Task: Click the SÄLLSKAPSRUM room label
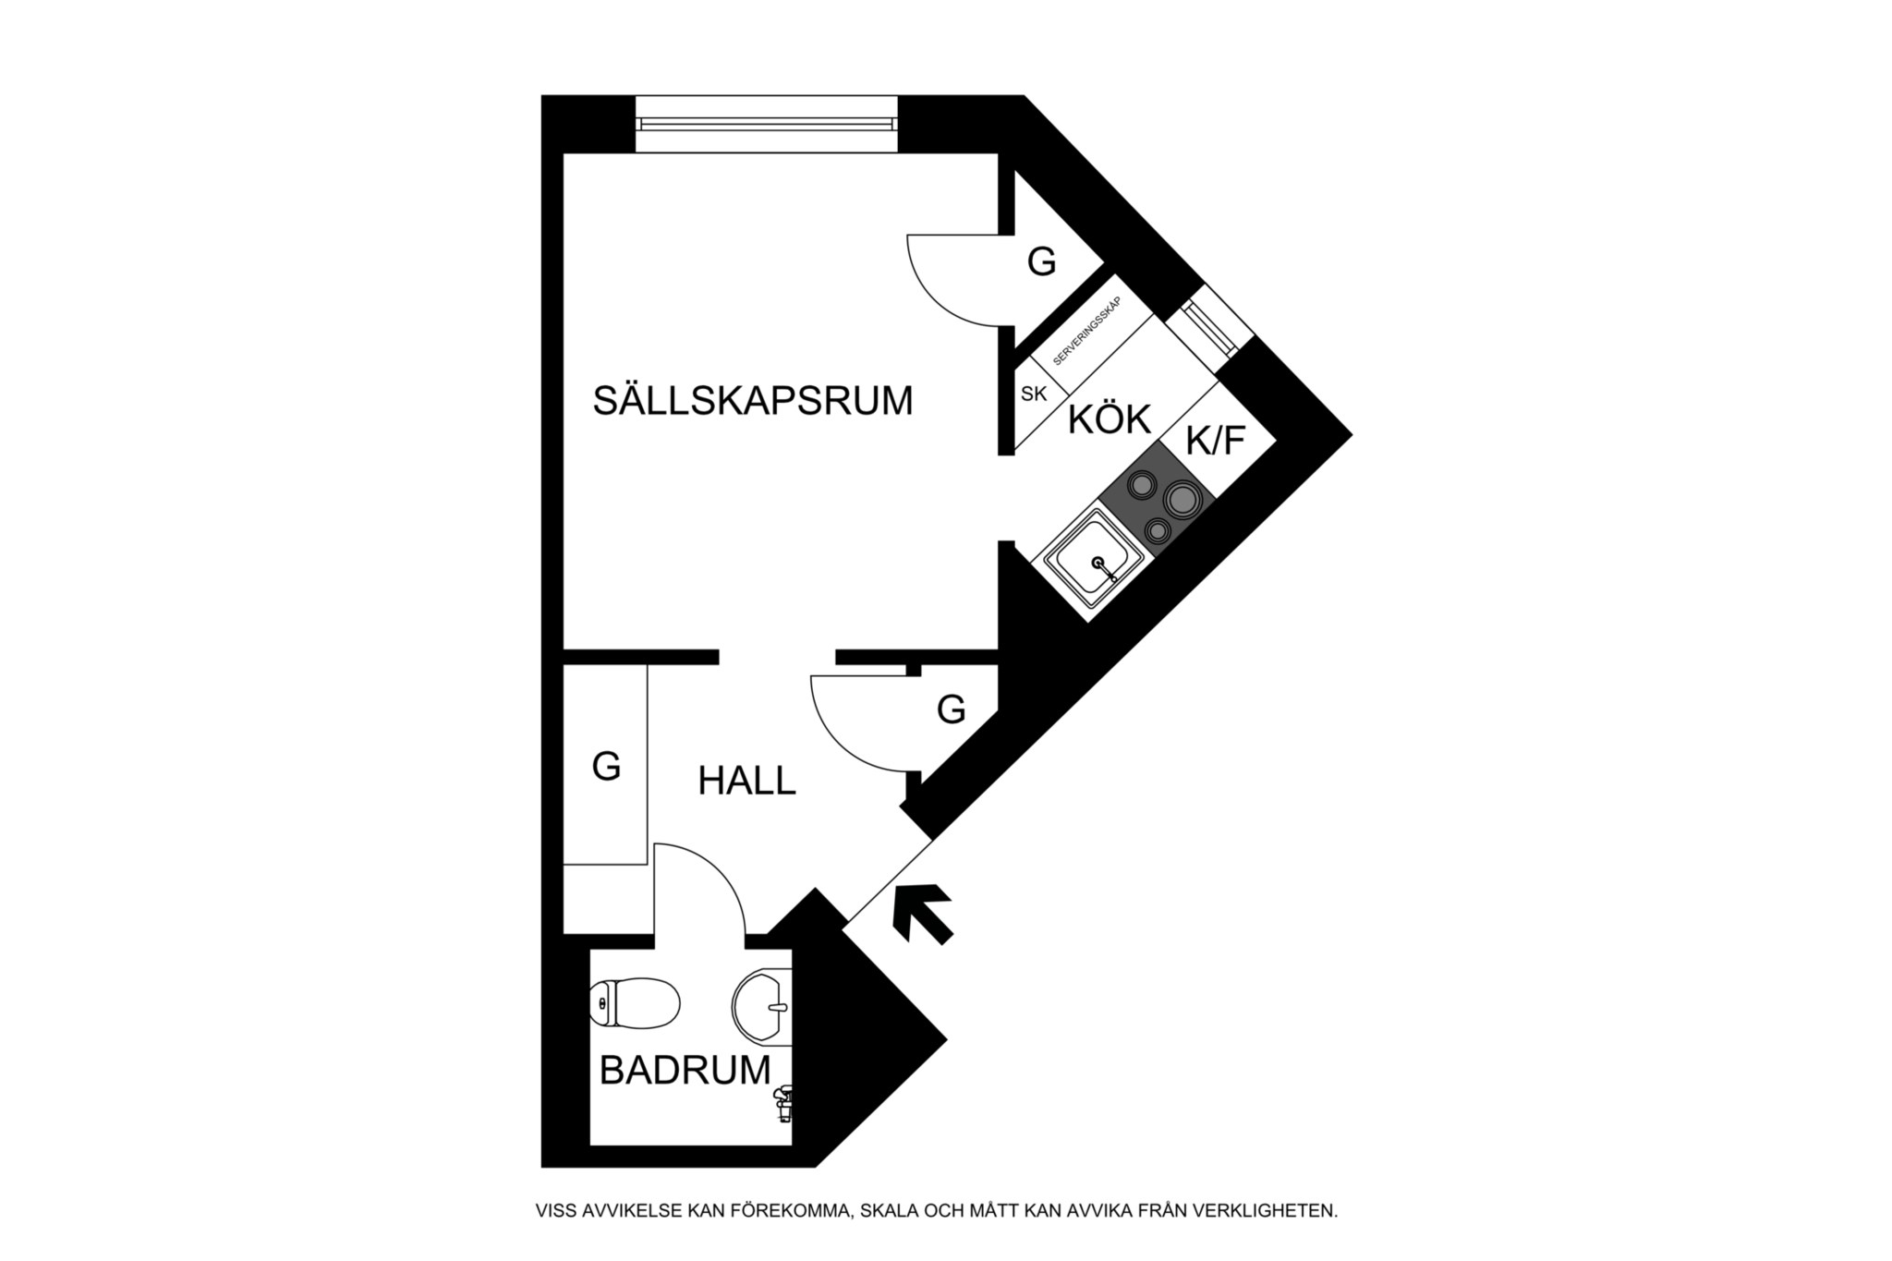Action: (753, 401)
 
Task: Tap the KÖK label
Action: (1110, 419)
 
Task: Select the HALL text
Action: (746, 781)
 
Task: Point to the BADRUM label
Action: (685, 1070)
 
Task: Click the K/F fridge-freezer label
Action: (1216, 441)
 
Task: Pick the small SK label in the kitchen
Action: (1034, 394)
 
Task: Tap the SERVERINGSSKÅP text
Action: (1087, 331)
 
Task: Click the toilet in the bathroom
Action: (635, 1002)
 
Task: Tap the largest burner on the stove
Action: (1182, 500)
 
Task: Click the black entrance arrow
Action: (923, 914)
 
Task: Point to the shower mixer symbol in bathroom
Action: (783, 1102)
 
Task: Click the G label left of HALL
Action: (606, 766)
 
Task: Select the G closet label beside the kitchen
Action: (1041, 262)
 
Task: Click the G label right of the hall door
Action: (951, 709)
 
